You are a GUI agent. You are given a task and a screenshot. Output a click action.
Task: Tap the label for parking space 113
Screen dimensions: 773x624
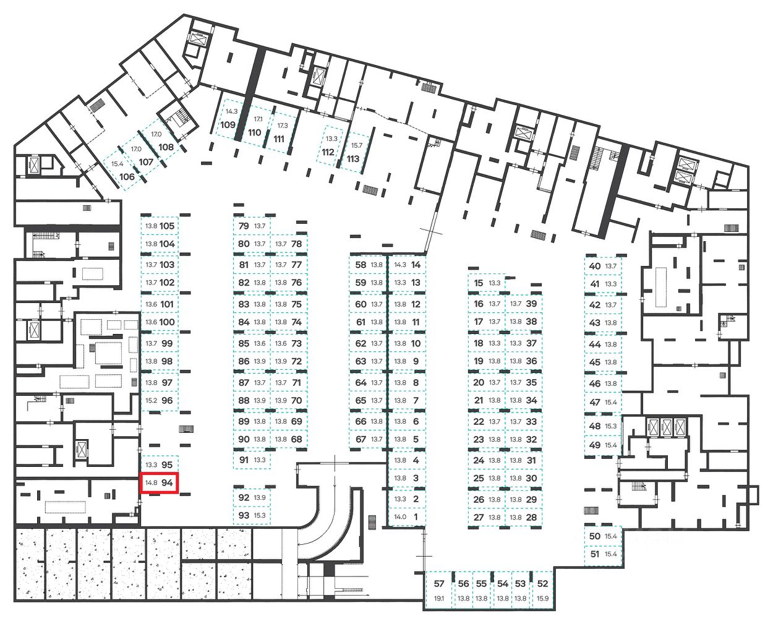click(352, 158)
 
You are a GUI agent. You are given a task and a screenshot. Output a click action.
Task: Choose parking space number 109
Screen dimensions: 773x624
click(228, 124)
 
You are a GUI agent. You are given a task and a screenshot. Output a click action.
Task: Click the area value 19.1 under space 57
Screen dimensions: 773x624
click(439, 598)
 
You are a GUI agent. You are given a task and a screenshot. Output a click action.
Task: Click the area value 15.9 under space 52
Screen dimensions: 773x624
click(542, 598)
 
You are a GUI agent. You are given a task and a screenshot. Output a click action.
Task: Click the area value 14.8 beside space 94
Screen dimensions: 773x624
click(151, 483)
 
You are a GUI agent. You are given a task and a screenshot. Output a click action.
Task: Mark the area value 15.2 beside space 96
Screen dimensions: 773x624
click(151, 400)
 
